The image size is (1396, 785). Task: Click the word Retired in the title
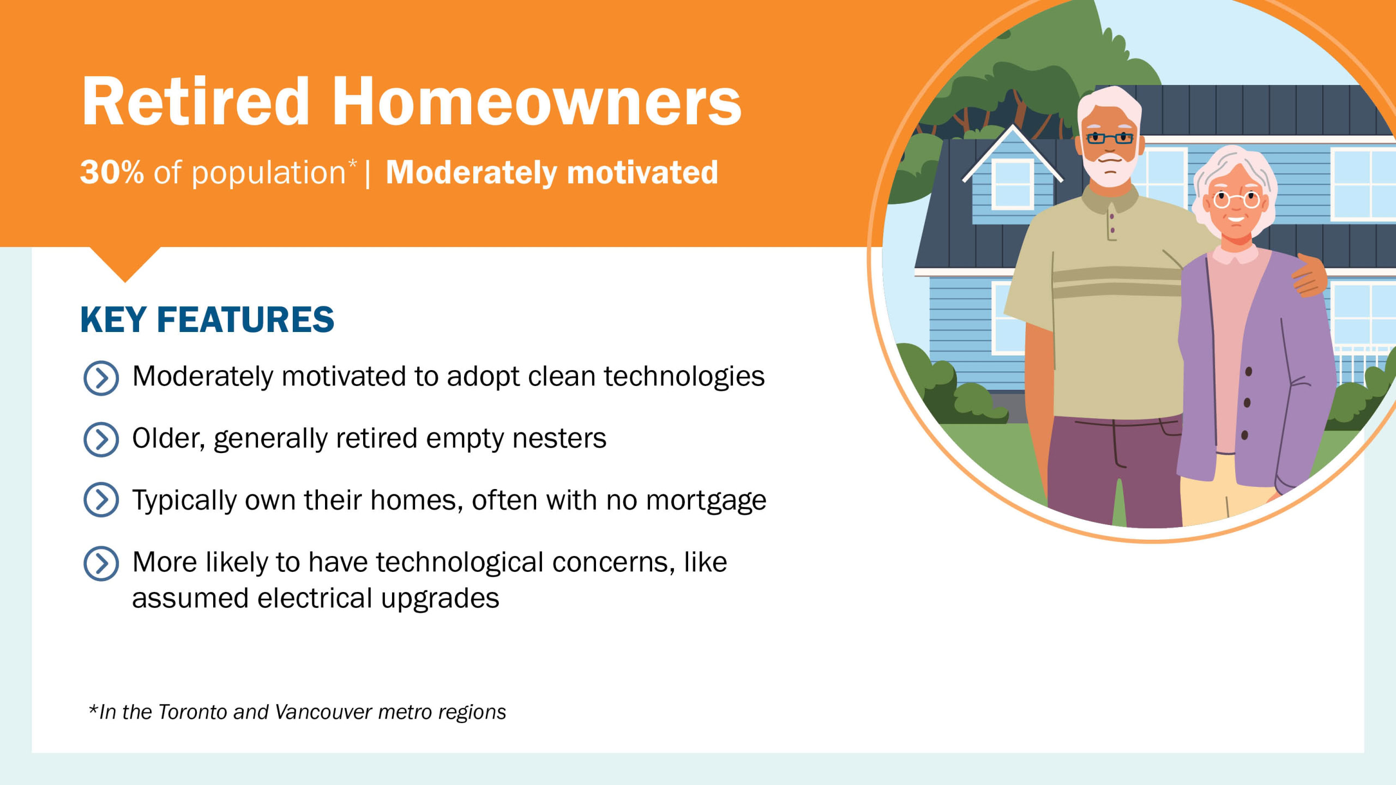click(x=196, y=101)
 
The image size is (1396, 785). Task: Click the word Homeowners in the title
click(x=537, y=101)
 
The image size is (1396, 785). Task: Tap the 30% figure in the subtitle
click(x=112, y=172)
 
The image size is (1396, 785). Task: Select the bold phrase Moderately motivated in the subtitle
click(x=552, y=173)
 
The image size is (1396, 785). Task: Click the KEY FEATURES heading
click(x=207, y=319)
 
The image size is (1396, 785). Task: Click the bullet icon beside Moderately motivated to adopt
click(x=101, y=378)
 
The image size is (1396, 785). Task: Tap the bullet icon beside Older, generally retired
click(x=101, y=439)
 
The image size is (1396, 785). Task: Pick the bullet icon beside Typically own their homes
click(x=101, y=499)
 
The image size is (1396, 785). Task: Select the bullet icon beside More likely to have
click(x=101, y=564)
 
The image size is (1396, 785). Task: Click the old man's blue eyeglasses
click(x=1110, y=138)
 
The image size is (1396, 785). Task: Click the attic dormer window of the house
click(x=1013, y=184)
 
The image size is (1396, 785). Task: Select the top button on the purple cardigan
click(x=1248, y=372)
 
